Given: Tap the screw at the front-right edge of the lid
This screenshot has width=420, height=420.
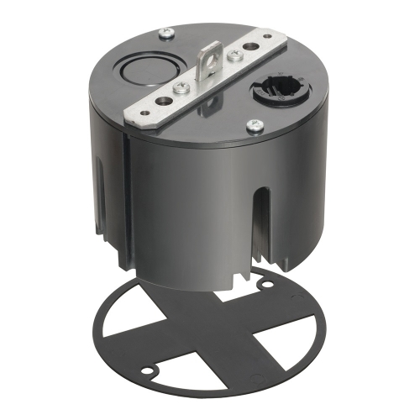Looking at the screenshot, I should click(251, 126).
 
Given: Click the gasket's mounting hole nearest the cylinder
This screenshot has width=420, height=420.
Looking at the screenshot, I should click(265, 284).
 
